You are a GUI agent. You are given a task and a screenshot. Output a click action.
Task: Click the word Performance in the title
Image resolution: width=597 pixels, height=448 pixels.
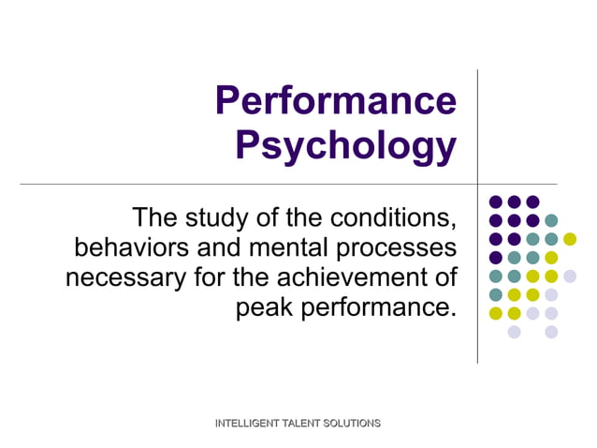click(x=336, y=100)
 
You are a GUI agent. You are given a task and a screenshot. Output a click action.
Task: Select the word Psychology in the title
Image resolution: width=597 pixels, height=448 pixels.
click(x=345, y=145)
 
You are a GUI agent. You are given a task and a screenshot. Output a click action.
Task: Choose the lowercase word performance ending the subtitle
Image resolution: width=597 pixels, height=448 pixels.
click(x=384, y=306)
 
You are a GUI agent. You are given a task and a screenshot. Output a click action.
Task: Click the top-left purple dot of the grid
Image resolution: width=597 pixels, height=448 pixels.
click(x=496, y=202)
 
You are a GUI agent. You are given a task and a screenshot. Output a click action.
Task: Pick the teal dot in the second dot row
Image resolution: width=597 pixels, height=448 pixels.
click(x=551, y=220)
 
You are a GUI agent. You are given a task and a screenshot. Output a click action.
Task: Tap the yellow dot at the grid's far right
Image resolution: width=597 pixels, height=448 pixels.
click(x=570, y=239)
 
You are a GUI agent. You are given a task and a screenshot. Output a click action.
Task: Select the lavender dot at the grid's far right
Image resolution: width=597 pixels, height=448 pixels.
click(x=570, y=276)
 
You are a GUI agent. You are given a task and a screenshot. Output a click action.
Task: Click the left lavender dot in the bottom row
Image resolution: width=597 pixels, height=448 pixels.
click(x=514, y=331)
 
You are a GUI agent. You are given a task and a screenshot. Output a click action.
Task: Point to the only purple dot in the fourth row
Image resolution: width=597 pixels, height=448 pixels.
click(x=496, y=257)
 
